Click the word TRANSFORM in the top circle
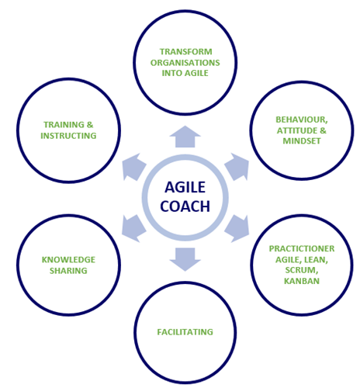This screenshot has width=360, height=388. [x=186, y=52]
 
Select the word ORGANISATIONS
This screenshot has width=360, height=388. [x=185, y=63]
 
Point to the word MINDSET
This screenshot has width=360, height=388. [x=302, y=141]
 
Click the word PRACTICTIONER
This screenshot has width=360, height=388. [x=302, y=248]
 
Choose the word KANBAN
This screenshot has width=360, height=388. [x=302, y=281]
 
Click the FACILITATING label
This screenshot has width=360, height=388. [x=185, y=332]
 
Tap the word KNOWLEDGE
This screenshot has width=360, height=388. [x=68, y=260]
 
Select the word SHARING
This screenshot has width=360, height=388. [x=68, y=271]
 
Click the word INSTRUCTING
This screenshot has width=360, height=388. [x=68, y=136]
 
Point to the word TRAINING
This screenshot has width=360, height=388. [x=64, y=125]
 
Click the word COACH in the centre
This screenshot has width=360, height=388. [x=185, y=206]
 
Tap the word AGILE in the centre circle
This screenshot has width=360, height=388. [x=185, y=187]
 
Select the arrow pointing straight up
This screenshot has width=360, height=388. [x=185, y=137]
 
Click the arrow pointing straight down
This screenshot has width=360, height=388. [x=185, y=259]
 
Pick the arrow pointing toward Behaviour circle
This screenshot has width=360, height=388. [x=237, y=167]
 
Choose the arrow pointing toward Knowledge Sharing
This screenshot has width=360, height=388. [x=133, y=228]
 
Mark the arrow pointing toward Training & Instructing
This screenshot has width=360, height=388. [x=133, y=167]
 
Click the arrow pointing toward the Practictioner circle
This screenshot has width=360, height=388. [x=237, y=228]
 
